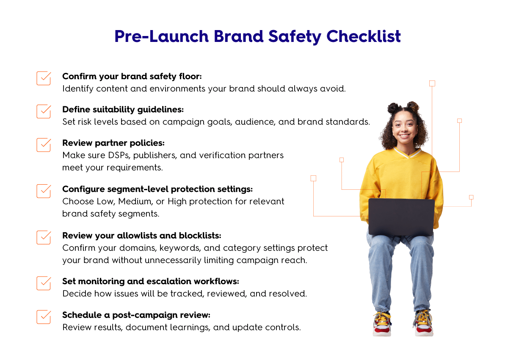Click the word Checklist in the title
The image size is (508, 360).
(364, 36)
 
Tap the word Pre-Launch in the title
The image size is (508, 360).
(161, 36)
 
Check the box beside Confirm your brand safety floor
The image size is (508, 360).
(44, 78)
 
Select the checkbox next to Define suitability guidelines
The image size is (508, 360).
(44, 111)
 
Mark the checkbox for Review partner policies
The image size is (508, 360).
(44, 145)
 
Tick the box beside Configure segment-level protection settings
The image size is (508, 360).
(44, 191)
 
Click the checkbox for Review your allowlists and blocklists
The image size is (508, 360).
(44, 237)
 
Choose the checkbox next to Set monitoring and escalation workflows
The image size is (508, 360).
(44, 283)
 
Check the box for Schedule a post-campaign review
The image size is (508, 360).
(44, 317)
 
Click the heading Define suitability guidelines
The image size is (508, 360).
(123, 110)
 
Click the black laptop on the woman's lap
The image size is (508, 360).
(401, 217)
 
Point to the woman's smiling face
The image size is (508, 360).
(405, 128)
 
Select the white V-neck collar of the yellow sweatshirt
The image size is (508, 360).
(408, 153)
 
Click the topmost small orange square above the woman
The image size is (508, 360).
(432, 83)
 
